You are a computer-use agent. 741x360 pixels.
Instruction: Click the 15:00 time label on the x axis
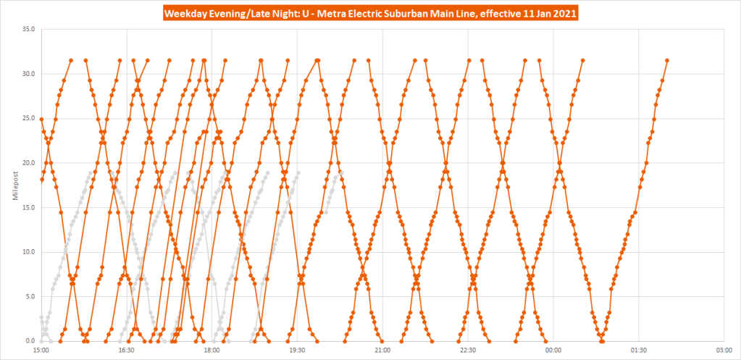(x=41, y=350)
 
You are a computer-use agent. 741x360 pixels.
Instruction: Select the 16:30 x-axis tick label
(x=127, y=350)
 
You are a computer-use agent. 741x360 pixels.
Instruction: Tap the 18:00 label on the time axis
(x=212, y=350)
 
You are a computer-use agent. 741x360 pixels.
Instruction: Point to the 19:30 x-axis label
(x=297, y=350)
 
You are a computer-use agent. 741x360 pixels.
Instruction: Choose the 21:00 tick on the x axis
(x=382, y=350)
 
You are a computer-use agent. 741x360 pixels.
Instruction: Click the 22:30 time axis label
(x=468, y=350)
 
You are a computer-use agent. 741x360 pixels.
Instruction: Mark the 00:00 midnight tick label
(x=553, y=350)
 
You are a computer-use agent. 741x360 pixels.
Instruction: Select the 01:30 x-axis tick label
(x=638, y=350)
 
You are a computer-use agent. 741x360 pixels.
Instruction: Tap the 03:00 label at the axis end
(x=724, y=350)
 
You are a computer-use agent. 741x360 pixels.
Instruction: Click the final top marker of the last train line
(x=667, y=60)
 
